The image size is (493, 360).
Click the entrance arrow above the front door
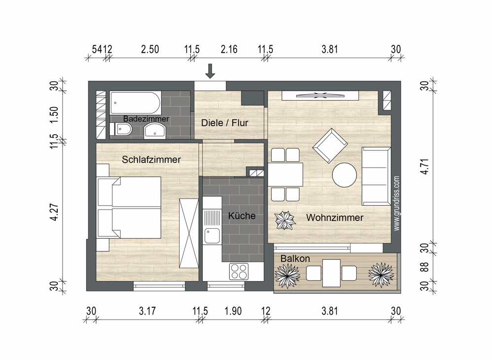coord(210,71)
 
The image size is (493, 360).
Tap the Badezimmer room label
coord(146,119)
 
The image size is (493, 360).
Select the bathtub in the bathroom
coord(136,103)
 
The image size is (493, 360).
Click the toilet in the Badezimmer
coord(121,129)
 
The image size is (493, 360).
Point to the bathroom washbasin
coord(154,131)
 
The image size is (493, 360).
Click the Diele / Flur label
coord(225,123)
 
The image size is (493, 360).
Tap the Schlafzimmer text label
coord(151,160)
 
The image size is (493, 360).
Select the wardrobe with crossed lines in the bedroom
coord(189,233)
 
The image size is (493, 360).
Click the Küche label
coord(242,216)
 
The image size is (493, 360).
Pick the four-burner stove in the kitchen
coord(239,271)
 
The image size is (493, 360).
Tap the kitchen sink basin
coord(212,236)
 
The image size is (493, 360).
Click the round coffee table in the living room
coord(345,175)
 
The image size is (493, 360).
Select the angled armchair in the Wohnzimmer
coord(330,145)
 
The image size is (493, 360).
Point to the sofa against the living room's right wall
coord(376,176)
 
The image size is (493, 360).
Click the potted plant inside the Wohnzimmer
coord(285,220)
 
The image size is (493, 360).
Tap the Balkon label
coord(295,258)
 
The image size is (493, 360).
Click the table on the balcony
coord(331,273)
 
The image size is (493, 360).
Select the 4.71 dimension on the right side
coord(424,167)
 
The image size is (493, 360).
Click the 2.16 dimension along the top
coord(229,49)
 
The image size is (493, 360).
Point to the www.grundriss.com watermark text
coord(396,203)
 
